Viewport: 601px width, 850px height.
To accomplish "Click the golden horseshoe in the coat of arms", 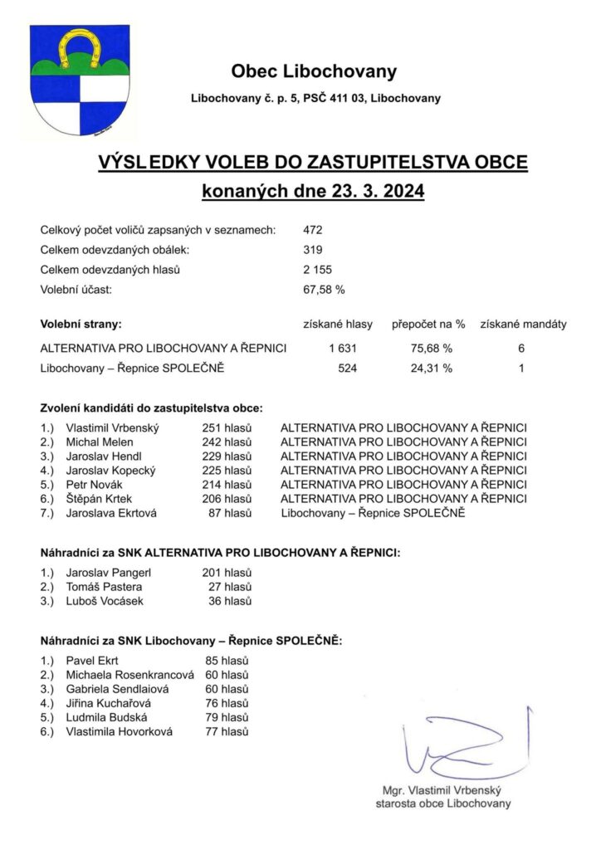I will [79, 47].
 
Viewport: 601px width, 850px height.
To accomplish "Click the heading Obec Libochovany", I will [314, 71].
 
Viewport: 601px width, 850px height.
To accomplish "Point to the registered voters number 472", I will [313, 230].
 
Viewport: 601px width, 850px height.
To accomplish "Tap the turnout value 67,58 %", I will [324, 290].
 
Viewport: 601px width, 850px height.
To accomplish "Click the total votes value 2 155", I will [318, 270].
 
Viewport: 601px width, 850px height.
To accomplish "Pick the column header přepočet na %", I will [428, 324].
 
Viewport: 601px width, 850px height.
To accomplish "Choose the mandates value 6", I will [521, 348].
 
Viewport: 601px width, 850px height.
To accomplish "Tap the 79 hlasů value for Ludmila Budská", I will [227, 717].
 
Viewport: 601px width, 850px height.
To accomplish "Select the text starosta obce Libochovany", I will [443, 804].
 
